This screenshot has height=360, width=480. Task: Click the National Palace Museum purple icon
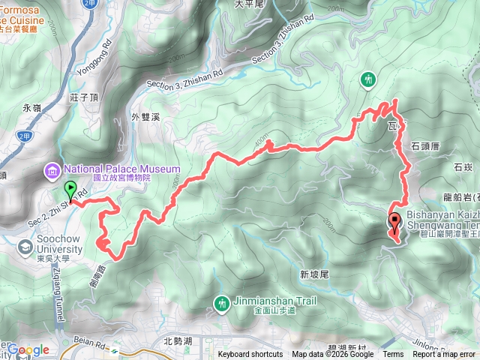tap(52, 172)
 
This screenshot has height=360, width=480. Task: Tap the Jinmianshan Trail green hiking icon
tap(221, 303)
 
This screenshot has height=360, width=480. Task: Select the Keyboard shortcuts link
tap(250, 355)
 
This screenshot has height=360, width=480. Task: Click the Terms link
tap(392, 355)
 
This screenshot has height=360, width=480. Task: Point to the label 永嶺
tap(31, 108)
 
